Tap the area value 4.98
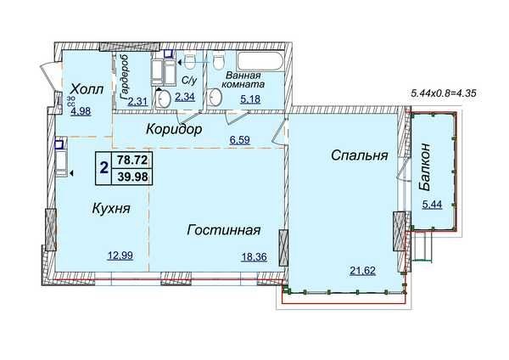pos(81,110)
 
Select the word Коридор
pos(173,130)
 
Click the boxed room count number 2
pos(103,167)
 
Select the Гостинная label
pos(223,231)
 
